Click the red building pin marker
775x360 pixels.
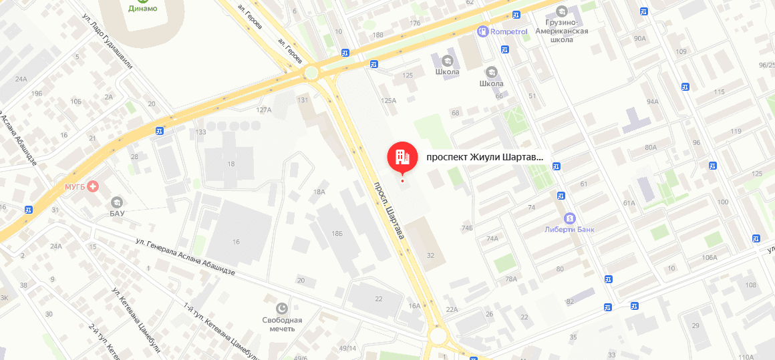(402, 157)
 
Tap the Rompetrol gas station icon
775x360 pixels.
(482, 31)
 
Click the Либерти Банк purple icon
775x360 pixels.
(569, 218)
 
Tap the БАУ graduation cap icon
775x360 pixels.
(117, 202)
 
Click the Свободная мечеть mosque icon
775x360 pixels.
(282, 308)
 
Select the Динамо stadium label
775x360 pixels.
(143, 8)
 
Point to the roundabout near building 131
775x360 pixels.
(311, 72)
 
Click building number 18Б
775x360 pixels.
(337, 233)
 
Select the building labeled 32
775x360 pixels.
(430, 255)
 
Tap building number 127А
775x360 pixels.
(264, 110)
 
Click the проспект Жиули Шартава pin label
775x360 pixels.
(485, 158)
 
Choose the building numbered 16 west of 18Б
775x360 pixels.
(236, 241)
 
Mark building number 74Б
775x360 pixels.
(466, 228)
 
